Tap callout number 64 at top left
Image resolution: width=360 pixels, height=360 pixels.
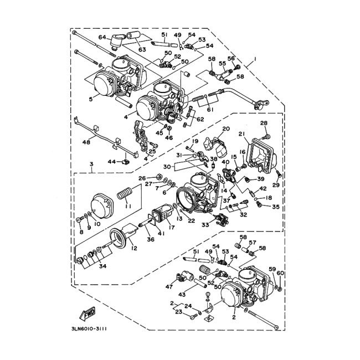102,37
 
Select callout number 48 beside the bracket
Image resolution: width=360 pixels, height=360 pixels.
86,142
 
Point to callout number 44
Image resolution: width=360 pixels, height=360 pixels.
111,162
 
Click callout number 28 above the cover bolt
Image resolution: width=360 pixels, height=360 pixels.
264,123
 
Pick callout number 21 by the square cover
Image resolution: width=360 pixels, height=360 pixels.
241,134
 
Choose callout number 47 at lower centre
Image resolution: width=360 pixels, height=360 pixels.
168,287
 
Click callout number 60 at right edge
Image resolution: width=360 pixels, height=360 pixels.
280,274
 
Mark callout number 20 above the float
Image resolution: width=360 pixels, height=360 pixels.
225,128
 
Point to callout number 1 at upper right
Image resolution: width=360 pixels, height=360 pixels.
255,59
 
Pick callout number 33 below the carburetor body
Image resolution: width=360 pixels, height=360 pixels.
205,225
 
